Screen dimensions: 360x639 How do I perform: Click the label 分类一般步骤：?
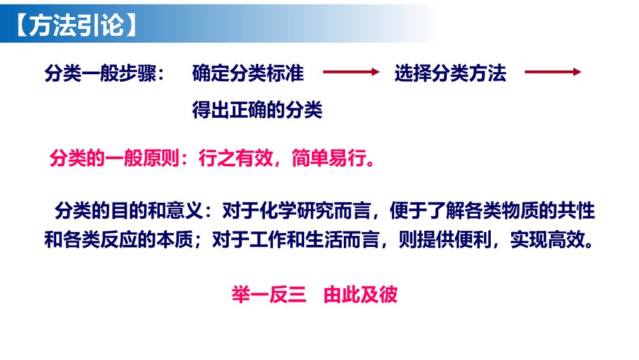point(105,74)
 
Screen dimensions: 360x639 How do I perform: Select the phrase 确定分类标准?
point(248,74)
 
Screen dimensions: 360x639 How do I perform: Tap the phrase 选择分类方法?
point(450,74)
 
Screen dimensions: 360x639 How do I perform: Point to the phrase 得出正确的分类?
point(258,111)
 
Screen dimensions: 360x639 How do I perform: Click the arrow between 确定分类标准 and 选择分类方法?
point(351,73)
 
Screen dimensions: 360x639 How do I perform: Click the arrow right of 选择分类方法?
point(553,73)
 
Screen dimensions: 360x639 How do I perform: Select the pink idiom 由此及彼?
point(361,295)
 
